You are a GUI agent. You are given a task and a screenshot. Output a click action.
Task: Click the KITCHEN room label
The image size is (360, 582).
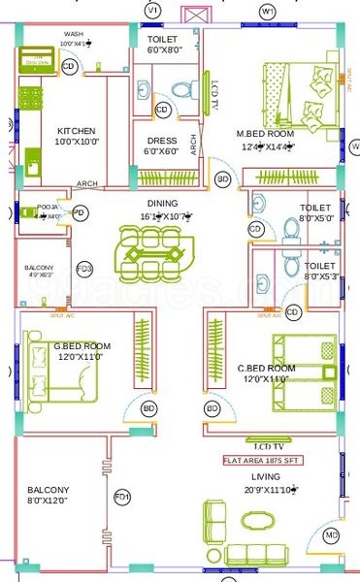(x=75, y=131)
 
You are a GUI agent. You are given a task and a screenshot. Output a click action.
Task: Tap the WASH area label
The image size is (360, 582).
(x=72, y=33)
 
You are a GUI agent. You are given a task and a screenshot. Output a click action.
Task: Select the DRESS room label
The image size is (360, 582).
(x=161, y=141)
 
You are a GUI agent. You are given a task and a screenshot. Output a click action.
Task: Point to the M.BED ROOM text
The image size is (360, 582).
(x=263, y=133)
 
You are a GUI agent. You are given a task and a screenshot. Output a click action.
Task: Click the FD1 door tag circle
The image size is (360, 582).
(x=122, y=498)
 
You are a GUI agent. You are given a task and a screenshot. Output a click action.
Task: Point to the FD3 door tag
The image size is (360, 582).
(x=84, y=269)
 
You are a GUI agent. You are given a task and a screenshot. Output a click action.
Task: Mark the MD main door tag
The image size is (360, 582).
(x=332, y=535)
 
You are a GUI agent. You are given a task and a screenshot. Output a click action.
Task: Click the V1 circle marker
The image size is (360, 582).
(x=152, y=10)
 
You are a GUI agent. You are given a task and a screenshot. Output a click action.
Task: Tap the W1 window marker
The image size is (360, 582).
(x=269, y=10)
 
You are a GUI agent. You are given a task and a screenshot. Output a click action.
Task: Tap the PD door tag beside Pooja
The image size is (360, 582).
(x=80, y=211)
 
